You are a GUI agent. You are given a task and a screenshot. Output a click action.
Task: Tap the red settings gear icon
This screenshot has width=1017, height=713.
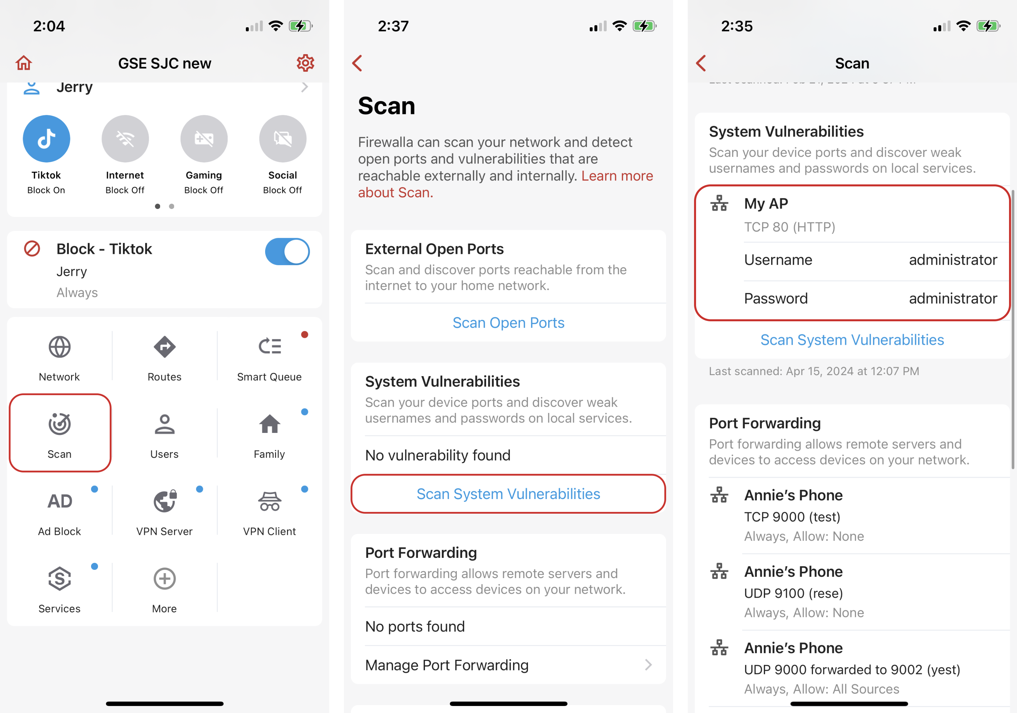pyautogui.click(x=305, y=63)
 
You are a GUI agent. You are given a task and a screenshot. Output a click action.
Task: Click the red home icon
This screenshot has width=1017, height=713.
pyautogui.click(x=24, y=63)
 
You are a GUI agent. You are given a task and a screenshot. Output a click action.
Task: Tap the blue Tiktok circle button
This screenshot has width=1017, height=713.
pyautogui.click(x=47, y=139)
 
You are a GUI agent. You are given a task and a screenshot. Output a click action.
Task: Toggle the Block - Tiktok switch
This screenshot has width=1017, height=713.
pyautogui.click(x=287, y=252)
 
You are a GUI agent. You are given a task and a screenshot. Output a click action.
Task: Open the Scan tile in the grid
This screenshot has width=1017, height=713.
pyautogui.click(x=60, y=433)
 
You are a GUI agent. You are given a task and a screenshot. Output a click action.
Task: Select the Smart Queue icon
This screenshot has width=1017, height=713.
pyautogui.click(x=270, y=346)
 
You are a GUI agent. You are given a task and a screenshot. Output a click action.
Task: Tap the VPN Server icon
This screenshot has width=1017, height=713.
pyautogui.click(x=165, y=501)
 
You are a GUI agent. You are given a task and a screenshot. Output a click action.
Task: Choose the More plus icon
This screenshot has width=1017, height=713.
pyautogui.click(x=165, y=578)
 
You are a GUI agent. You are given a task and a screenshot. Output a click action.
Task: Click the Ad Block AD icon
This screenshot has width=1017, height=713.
pyautogui.click(x=60, y=501)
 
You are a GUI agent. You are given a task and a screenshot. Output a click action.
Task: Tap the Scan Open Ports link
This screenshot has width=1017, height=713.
pyautogui.click(x=508, y=323)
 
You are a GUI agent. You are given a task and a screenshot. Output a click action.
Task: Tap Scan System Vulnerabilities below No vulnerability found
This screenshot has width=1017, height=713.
pyautogui.click(x=508, y=494)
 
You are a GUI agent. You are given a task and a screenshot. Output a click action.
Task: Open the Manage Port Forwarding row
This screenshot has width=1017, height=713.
pyautogui.click(x=508, y=665)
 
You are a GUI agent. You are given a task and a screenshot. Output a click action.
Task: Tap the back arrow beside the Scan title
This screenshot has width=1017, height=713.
pyautogui.click(x=701, y=63)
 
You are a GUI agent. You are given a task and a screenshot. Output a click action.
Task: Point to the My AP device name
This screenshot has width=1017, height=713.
pyautogui.click(x=766, y=204)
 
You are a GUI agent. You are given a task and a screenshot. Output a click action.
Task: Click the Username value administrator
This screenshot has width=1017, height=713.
pyautogui.click(x=953, y=260)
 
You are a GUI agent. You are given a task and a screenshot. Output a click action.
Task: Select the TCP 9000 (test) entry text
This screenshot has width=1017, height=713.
pyautogui.click(x=792, y=517)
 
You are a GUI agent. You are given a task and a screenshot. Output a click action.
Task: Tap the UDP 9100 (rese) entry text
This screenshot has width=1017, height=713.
pyautogui.click(x=793, y=593)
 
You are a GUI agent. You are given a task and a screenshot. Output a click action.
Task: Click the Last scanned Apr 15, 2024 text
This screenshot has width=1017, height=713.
pyautogui.click(x=814, y=371)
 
